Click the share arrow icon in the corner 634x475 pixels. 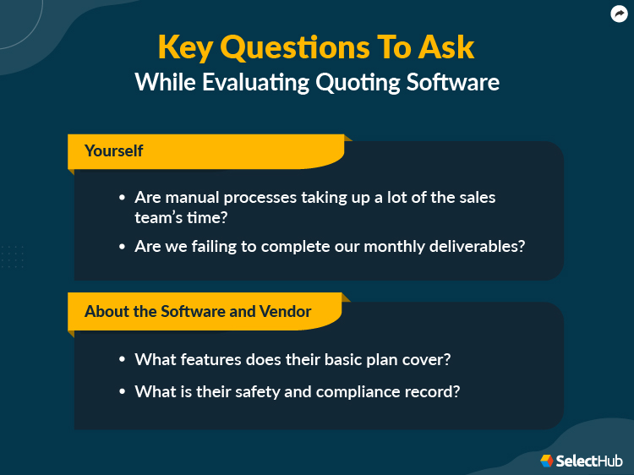(x=618, y=14)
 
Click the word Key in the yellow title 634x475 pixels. (x=186, y=48)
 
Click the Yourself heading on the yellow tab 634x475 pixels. (x=113, y=151)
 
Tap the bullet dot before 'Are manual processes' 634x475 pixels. (x=122, y=198)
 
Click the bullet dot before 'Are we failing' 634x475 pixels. (x=122, y=247)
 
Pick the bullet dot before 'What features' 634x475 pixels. (x=122, y=359)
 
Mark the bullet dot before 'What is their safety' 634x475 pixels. (x=122, y=392)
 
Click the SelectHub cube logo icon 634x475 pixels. (x=547, y=461)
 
